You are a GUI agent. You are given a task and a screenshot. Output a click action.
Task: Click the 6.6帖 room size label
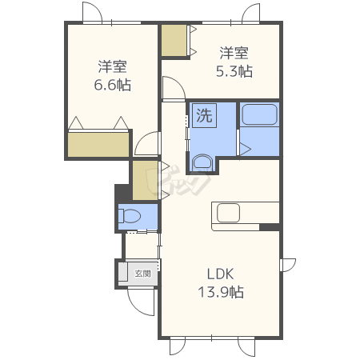coord(112,85)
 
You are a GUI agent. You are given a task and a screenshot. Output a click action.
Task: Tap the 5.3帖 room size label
coord(234,71)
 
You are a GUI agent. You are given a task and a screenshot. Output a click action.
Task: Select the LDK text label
coord(220,274)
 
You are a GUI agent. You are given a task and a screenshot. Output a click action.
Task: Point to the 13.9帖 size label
coord(221,292)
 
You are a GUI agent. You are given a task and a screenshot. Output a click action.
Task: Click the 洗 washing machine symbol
coord(204,115)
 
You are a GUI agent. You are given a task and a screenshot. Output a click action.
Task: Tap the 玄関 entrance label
coord(142,274)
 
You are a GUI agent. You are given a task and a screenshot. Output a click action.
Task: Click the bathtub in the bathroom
coord(259,114)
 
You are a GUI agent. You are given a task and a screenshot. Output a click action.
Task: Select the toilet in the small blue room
coord(130,216)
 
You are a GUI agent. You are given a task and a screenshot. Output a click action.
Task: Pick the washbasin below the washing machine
coord(202,162)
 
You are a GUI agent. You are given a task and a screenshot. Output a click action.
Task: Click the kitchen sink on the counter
coord(228,213)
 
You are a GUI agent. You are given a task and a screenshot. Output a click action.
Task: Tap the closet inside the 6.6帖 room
coord(98,145)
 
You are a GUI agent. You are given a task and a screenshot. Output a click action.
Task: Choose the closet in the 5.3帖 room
coord(174,41)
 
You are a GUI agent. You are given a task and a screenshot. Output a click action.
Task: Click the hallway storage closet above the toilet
coord(145,180)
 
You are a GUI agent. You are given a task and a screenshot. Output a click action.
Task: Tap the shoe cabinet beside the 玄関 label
coord(122,271)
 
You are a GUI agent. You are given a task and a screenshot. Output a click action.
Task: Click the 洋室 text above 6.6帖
coord(112,66)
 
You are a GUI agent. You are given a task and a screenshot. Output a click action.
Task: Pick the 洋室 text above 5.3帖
coord(234,53)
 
